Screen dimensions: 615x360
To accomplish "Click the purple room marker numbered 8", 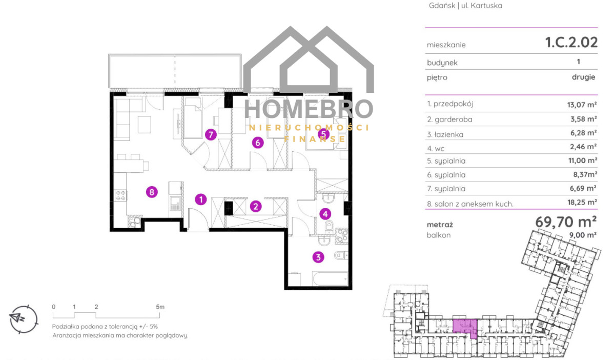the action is pos(152,192).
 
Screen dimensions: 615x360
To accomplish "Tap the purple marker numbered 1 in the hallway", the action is pos(201,199).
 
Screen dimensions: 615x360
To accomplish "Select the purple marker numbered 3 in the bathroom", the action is pos(318,257).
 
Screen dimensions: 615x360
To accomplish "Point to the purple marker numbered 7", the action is pos(211,135).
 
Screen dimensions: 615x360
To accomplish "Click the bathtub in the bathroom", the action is pos(330,278).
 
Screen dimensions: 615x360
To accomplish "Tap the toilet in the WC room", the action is pos(329,227).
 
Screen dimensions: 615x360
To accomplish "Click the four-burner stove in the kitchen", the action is pos(120,195).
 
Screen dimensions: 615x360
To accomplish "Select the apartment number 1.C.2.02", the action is pos(571,43).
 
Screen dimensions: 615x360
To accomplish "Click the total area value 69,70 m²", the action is pos(566,222).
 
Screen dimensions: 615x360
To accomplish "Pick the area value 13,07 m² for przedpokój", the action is pos(582,105).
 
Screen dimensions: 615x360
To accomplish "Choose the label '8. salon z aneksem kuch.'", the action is pos(470,204).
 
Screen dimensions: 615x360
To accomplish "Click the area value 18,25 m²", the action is pos(582,202).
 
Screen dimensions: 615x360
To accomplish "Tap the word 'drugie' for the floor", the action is pos(583,77).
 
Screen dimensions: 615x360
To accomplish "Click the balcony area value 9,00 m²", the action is pos(583,235).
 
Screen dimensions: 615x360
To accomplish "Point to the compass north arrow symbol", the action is pos(17,318).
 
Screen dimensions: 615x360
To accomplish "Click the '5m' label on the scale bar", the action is pos(160,307).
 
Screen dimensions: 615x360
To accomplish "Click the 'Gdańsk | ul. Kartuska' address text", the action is pos(465,6).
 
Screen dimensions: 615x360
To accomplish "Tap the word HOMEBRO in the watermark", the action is pos(309,109).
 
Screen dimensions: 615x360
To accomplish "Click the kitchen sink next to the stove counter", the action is pos(175,204).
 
